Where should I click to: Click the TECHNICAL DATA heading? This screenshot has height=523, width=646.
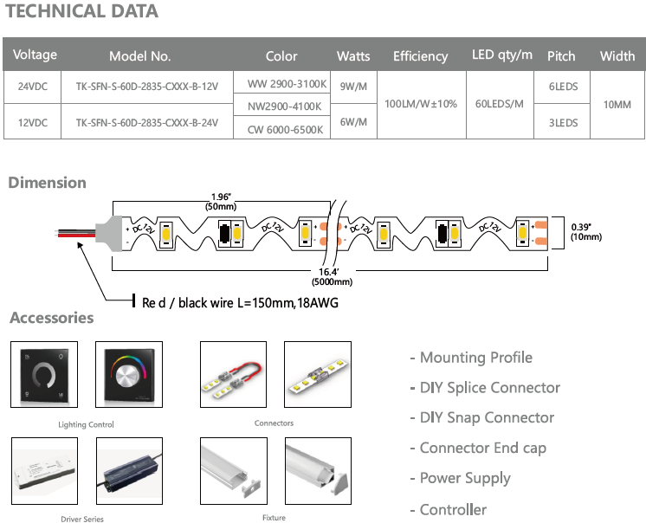coord(82,12)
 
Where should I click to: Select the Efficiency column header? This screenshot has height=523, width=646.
coord(420,56)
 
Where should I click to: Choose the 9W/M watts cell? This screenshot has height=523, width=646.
coord(353,87)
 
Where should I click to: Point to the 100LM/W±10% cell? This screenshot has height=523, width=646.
coord(420,104)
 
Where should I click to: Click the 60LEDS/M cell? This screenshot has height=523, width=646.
coord(500,104)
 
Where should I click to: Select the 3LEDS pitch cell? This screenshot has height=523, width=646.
coord(563,123)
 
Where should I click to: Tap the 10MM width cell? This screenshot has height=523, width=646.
coord(617,104)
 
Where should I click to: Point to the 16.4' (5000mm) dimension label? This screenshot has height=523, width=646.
coord(334,276)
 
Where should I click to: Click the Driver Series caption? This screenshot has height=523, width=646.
coord(82,520)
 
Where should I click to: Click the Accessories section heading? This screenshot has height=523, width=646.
coord(51,318)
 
